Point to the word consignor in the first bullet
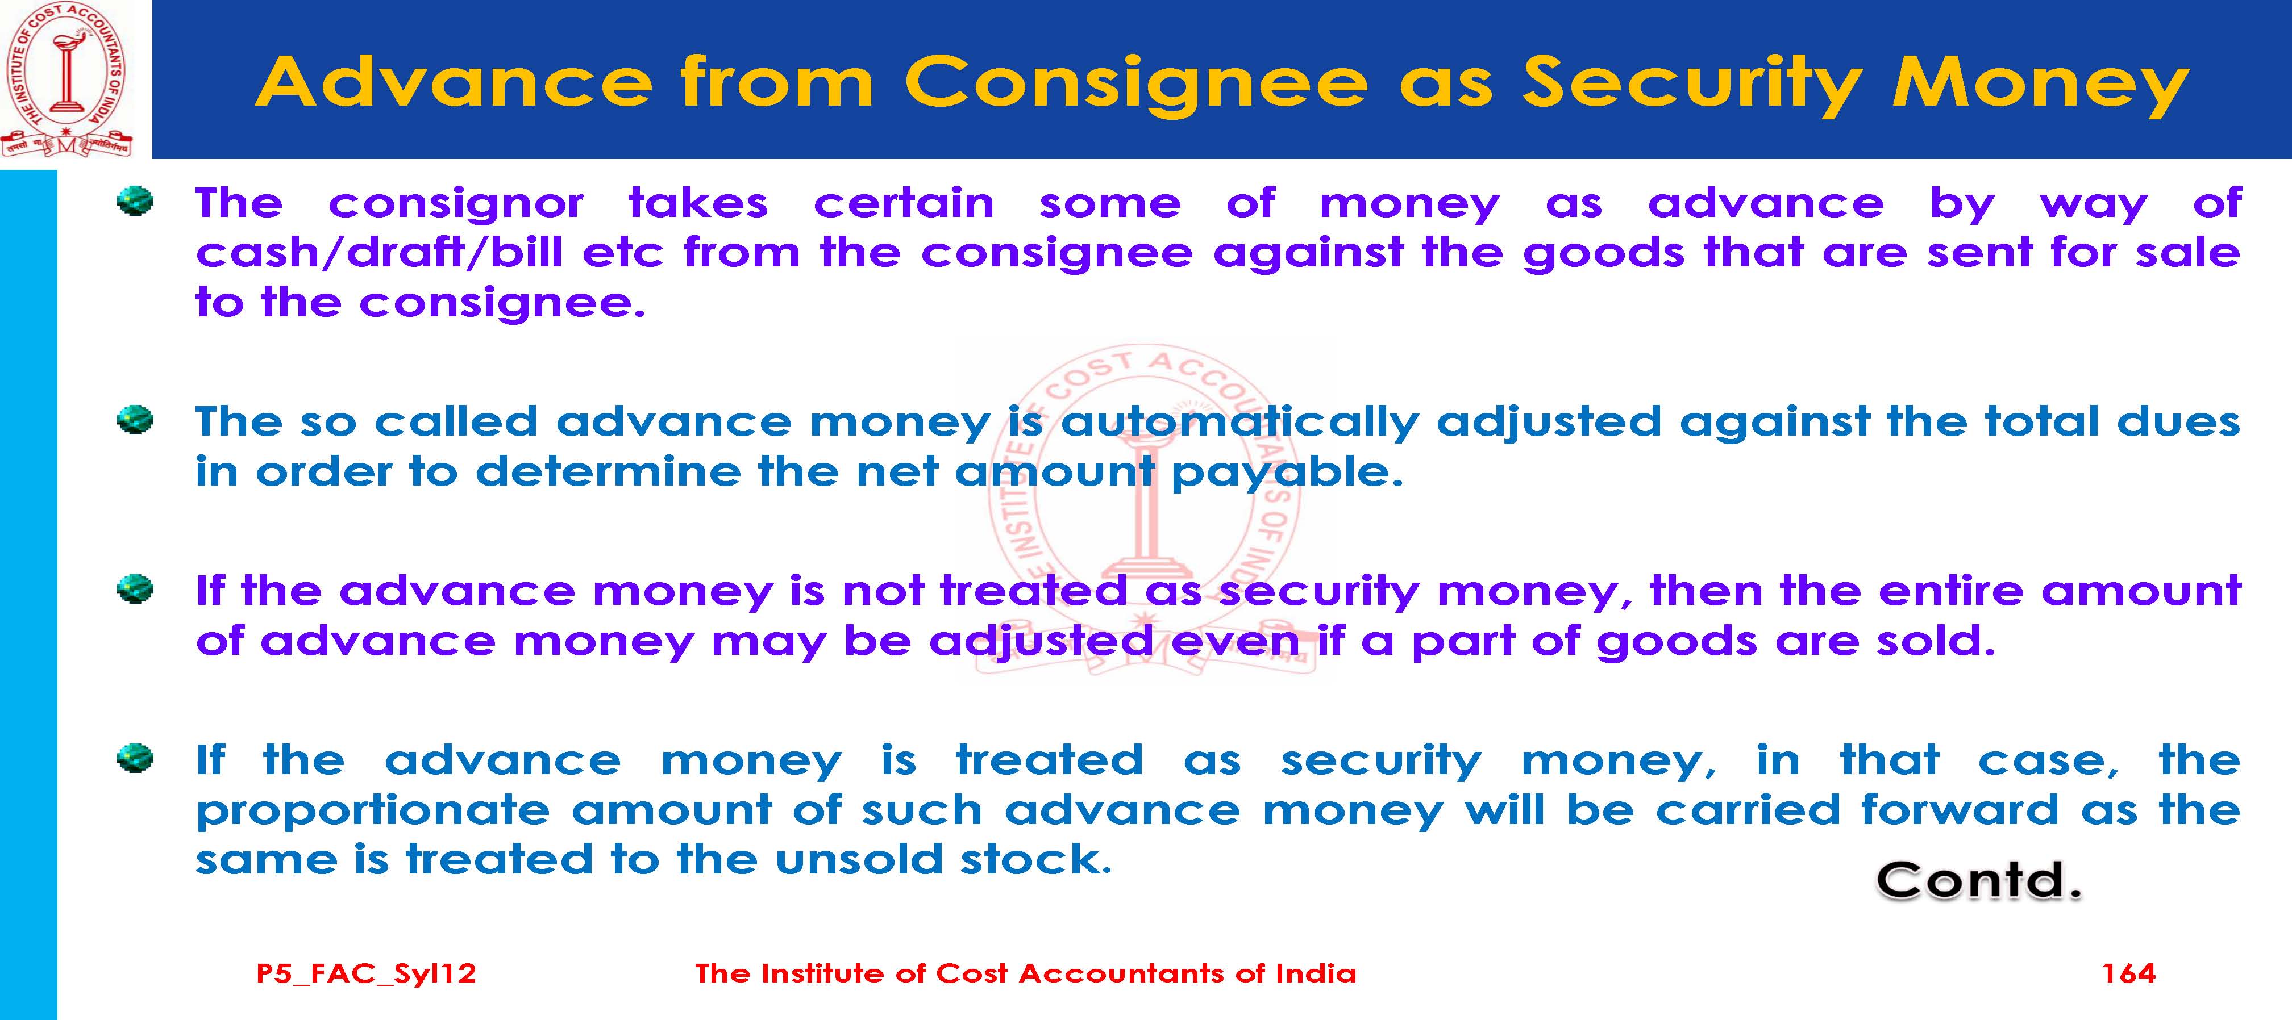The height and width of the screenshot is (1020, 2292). (456, 204)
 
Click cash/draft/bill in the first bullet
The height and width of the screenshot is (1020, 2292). (379, 253)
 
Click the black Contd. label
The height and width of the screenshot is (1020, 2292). (1979, 882)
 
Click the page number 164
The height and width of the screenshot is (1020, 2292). (2128, 973)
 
